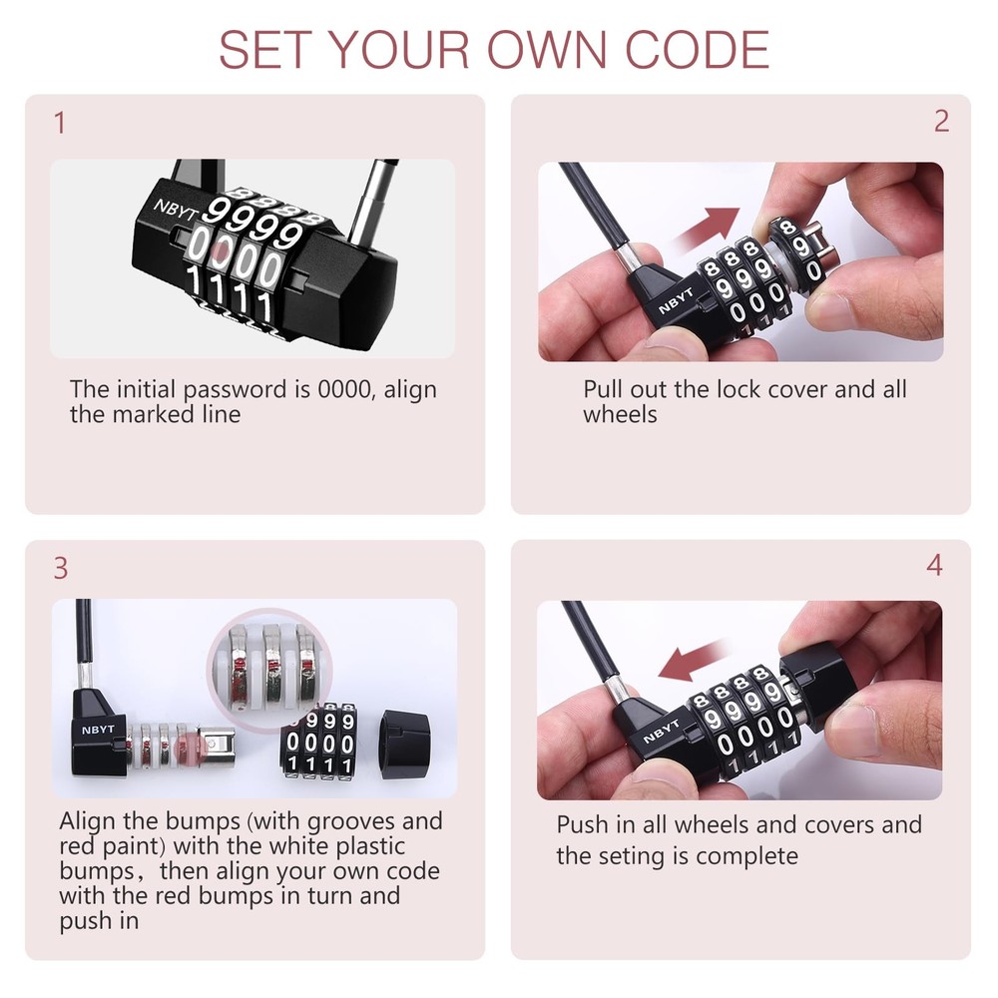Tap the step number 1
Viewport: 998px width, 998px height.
[x=60, y=124]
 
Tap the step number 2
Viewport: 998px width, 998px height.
[x=941, y=122]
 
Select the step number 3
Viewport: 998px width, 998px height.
[x=61, y=568]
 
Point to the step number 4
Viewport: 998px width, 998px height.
[x=934, y=566]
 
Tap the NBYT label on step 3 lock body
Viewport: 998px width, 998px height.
[x=98, y=729]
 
